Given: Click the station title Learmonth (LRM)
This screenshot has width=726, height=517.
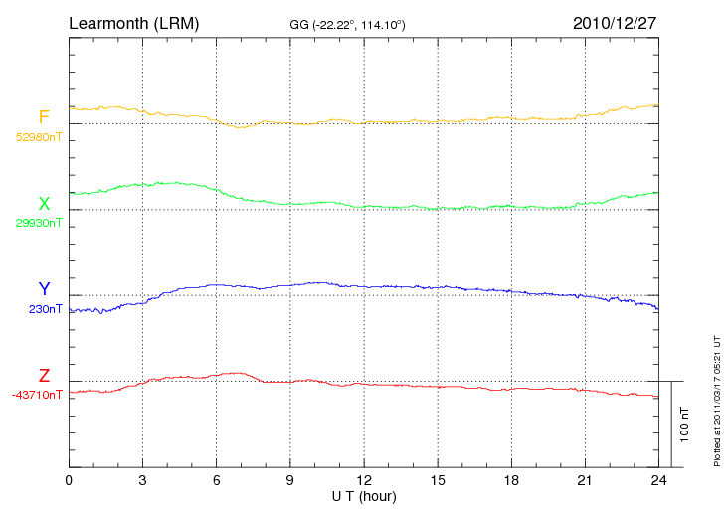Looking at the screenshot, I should [133, 22].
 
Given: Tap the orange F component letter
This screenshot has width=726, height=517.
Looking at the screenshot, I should [44, 118].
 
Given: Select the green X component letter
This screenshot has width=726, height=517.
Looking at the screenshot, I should [44, 204].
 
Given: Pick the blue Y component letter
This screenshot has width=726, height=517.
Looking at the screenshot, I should [44, 289].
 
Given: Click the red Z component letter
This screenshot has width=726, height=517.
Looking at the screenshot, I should [44, 376].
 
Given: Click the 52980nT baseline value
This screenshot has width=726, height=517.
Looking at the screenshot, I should [39, 137].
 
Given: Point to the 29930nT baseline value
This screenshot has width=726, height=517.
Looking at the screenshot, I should [39, 223].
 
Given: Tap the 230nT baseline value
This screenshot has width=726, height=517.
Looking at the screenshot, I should [45, 309].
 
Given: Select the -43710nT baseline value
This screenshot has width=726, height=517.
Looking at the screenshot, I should [38, 395].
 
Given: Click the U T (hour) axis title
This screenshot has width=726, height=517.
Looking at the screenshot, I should [364, 495].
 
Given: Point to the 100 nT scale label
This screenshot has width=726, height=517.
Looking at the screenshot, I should [685, 425].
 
